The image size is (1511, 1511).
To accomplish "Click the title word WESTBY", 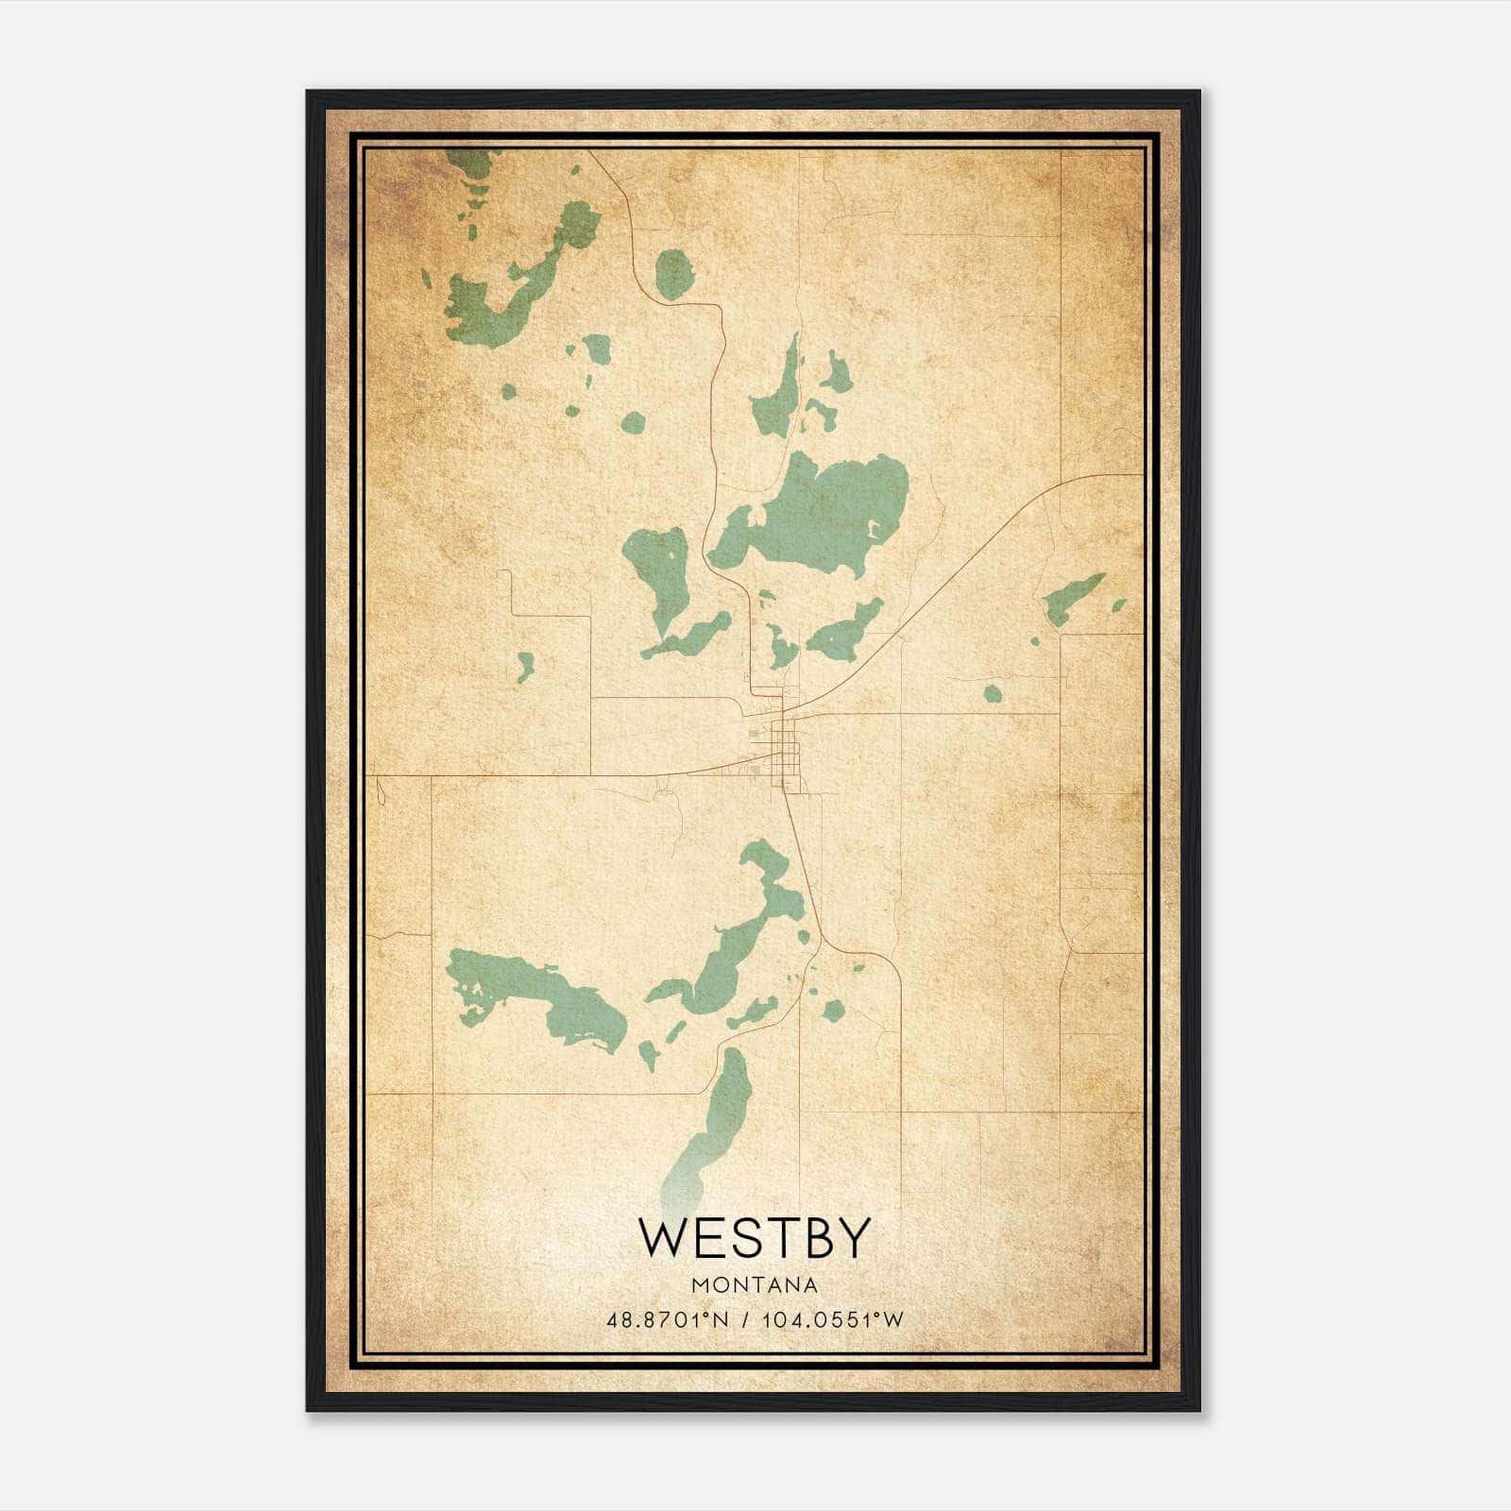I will tap(754, 1238).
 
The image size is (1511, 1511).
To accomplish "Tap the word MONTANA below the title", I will tap(755, 1284).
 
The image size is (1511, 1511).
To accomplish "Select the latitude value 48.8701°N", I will tap(668, 1320).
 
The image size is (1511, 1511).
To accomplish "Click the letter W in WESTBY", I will tap(662, 1238).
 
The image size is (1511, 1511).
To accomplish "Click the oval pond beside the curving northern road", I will tap(674, 274).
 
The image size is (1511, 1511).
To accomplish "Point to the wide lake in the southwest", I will tap(538, 996).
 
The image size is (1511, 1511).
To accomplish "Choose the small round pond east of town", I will tap(992, 694).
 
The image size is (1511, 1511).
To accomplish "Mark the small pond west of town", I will tap(525, 666).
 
